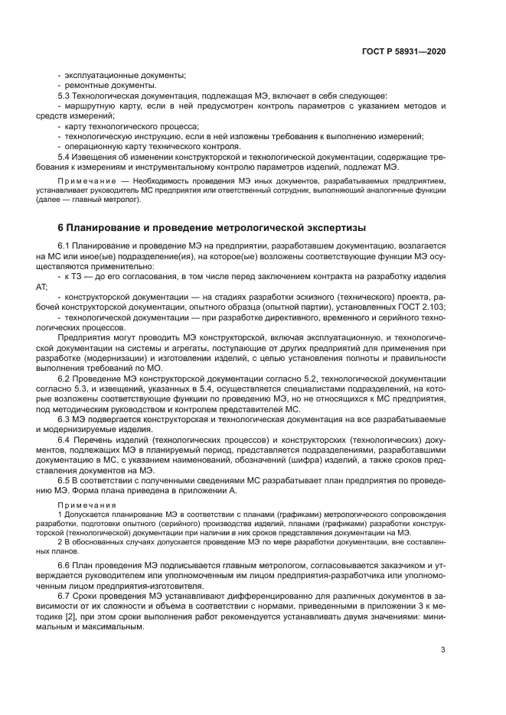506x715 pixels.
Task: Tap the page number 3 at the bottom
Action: click(443, 650)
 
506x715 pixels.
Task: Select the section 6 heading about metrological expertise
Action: click(212, 228)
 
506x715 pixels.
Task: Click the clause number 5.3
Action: click(64, 96)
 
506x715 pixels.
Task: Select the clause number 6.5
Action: click(64, 480)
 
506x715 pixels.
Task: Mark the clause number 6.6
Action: click(64, 564)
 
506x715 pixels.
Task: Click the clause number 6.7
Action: click(64, 595)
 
